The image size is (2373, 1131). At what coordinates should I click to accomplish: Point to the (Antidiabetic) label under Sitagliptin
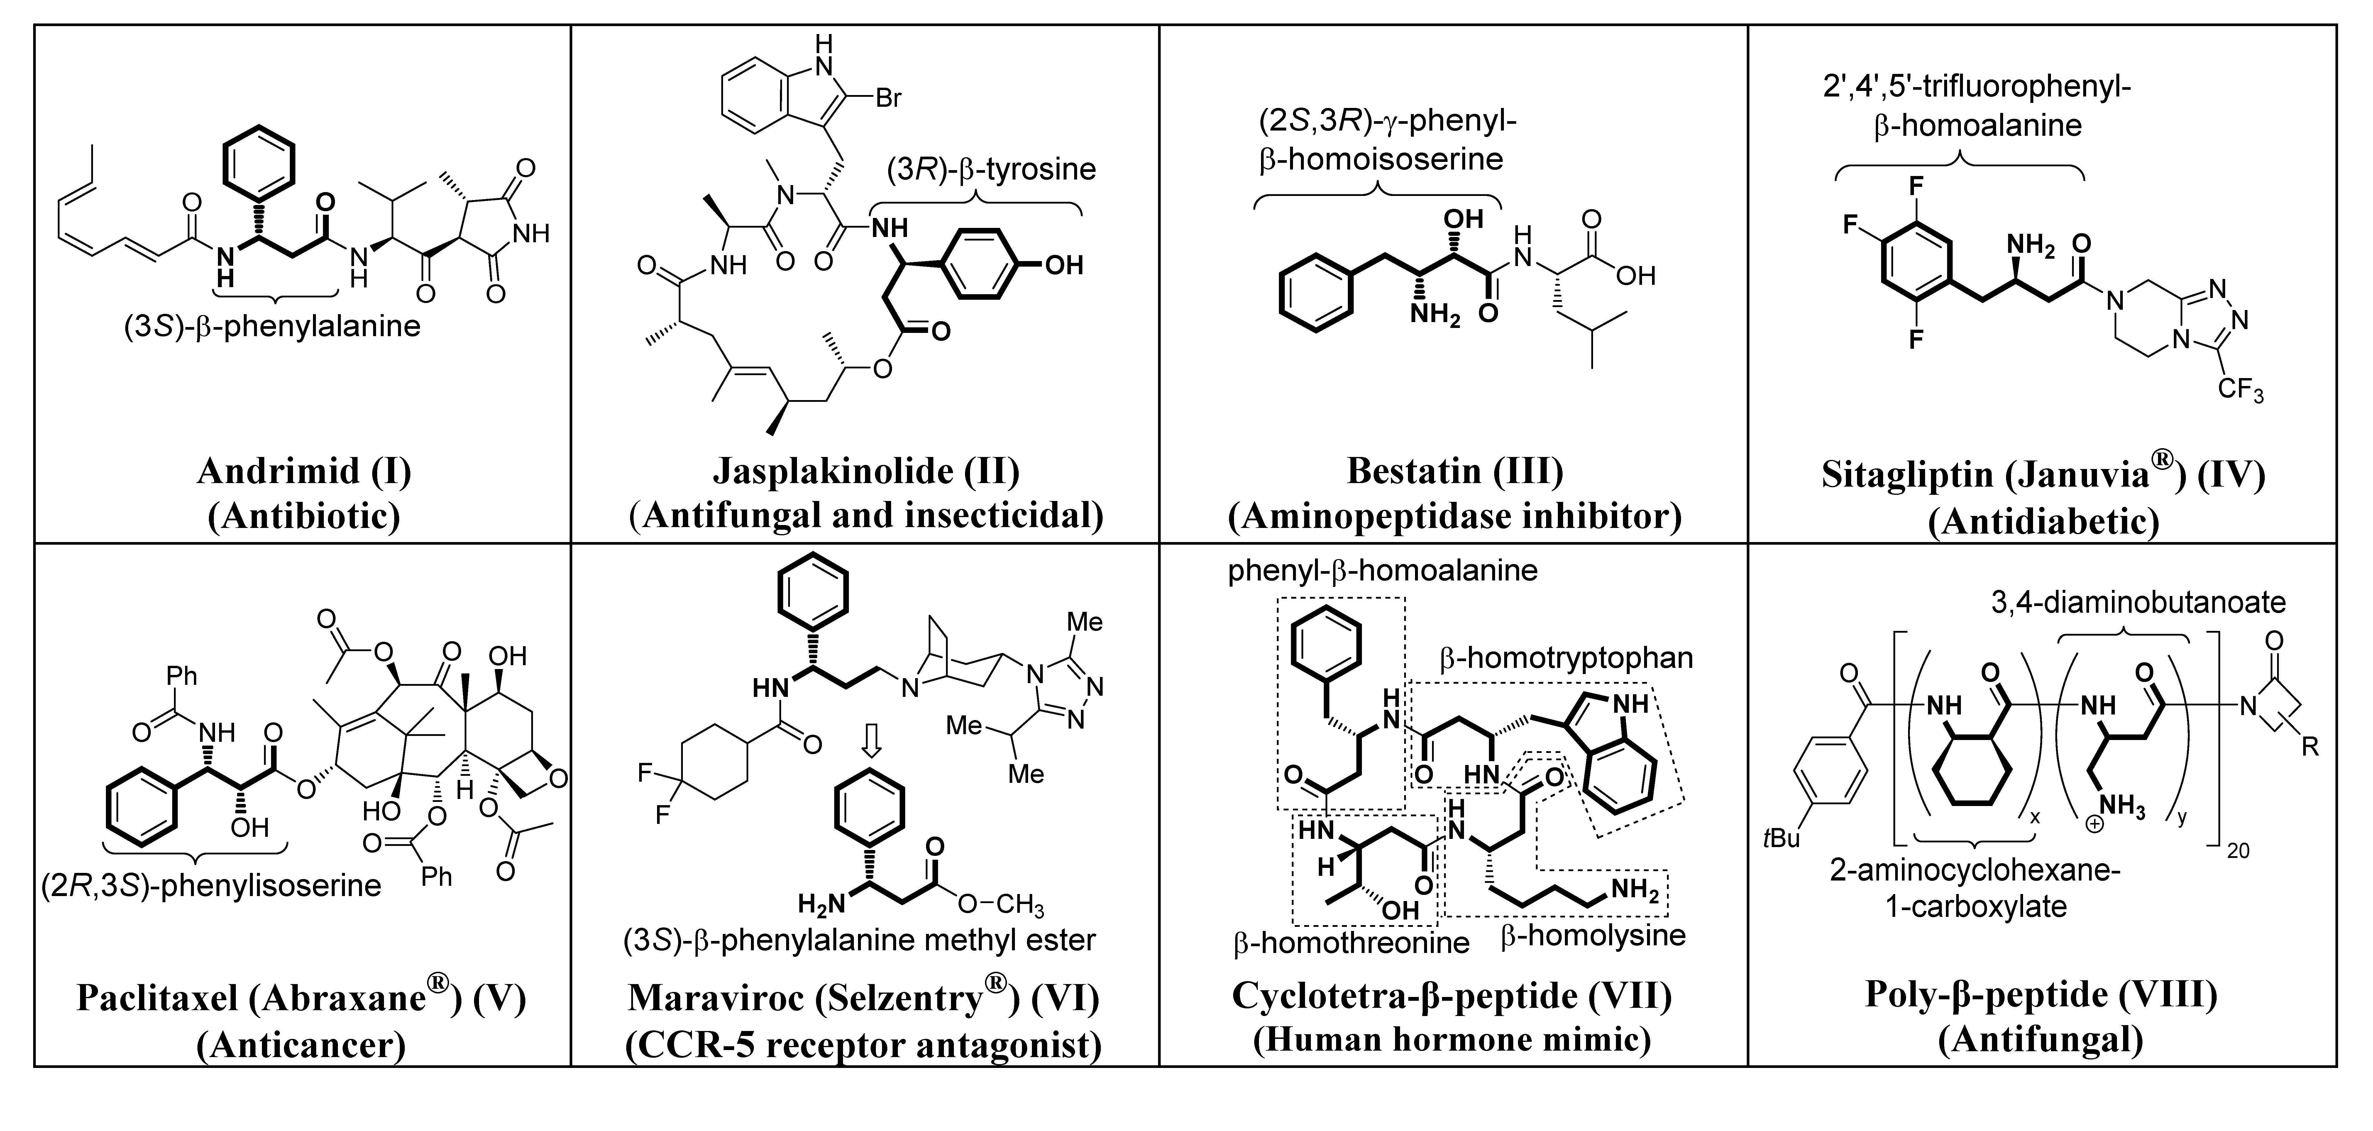(2043, 522)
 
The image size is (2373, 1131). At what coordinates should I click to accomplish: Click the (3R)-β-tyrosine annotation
(991, 170)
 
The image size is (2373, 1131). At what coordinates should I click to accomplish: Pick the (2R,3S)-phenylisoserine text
(211, 886)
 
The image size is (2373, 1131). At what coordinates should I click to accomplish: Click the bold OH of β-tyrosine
(1063, 266)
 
